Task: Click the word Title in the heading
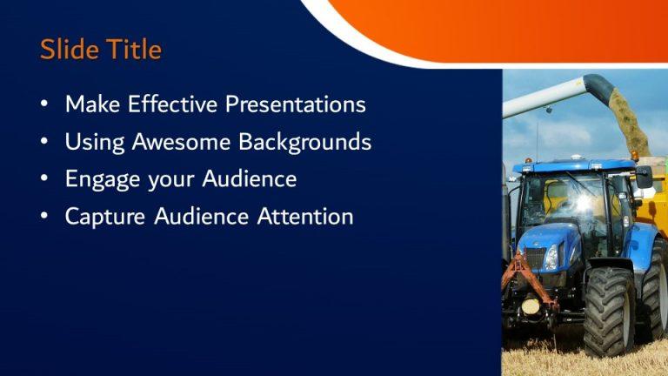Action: click(x=132, y=50)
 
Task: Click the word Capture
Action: click(x=103, y=216)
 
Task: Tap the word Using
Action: click(x=92, y=142)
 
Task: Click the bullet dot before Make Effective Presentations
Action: click(x=44, y=105)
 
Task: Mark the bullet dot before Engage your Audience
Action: click(x=44, y=179)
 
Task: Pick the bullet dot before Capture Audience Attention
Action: click(x=44, y=217)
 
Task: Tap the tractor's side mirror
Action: click(x=644, y=177)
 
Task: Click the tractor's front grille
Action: click(x=532, y=258)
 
